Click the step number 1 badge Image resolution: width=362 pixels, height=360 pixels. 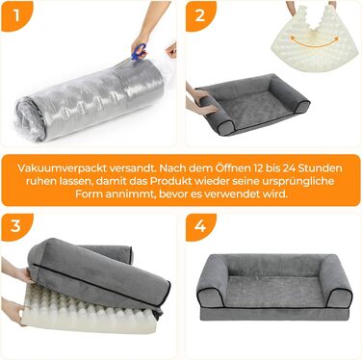[16, 16]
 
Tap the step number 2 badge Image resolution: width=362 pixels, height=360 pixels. [200, 16]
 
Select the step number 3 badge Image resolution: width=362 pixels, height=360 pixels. [16, 226]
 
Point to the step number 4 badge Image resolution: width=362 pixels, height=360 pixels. [200, 226]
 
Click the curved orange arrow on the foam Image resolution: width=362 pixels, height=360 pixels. [314, 41]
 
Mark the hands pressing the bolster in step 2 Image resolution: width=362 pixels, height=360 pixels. [199, 98]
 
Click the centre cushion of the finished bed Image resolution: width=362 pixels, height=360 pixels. [275, 291]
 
